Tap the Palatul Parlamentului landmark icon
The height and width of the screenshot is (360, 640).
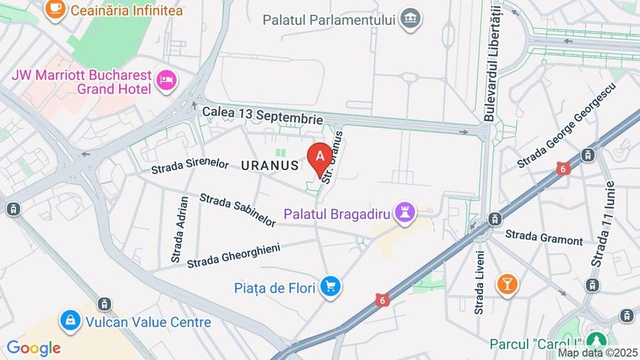410,19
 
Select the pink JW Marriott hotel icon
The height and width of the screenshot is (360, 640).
166,81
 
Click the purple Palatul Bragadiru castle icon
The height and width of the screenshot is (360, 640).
405,212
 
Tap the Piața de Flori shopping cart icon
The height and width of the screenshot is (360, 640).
330,287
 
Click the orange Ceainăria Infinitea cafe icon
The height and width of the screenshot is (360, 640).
55,9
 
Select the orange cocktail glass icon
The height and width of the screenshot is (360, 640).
507,284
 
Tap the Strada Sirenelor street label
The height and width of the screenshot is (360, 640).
190,166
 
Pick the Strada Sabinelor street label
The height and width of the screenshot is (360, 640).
238,210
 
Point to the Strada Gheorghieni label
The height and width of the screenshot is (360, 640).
233,255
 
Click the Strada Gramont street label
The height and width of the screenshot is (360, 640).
543,237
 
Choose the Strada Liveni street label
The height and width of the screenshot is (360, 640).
479,282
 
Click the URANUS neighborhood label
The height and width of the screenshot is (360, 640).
270,165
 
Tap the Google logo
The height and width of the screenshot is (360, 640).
33,348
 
